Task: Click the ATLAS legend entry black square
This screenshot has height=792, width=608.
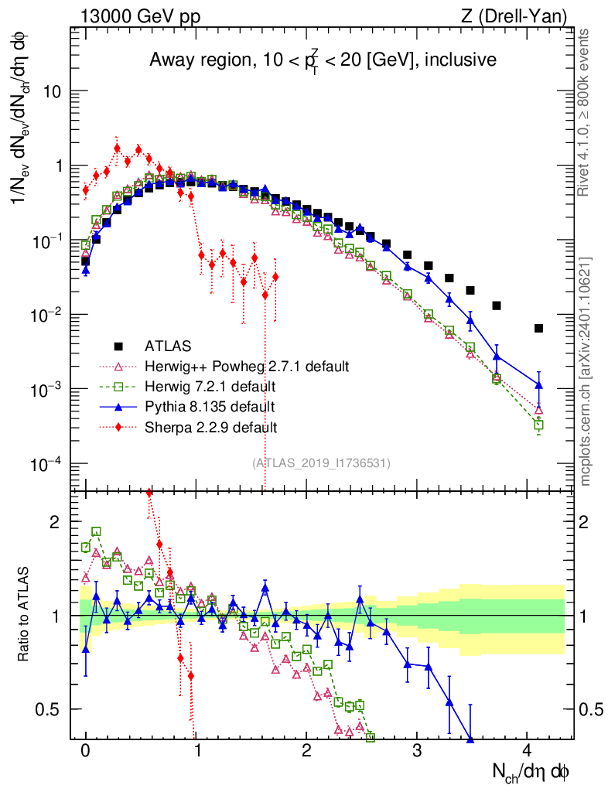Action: (x=118, y=346)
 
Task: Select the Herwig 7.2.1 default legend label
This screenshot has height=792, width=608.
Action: (x=210, y=387)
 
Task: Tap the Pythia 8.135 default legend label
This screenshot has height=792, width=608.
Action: (x=210, y=407)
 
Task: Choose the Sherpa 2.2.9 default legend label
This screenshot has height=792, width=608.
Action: (x=210, y=427)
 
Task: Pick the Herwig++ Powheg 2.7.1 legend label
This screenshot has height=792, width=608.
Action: (x=247, y=366)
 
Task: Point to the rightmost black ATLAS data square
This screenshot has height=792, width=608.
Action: (x=538, y=328)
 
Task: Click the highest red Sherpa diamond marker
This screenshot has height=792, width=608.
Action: (x=117, y=148)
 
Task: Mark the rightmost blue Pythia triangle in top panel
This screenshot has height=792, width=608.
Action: (x=538, y=385)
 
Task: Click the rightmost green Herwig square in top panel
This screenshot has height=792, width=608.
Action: (x=538, y=425)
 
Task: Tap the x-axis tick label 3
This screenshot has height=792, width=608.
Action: (x=416, y=750)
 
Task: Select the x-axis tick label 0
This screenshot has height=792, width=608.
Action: (x=85, y=750)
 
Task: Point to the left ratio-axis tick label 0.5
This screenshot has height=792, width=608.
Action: (x=47, y=710)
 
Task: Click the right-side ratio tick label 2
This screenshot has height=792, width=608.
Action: (x=583, y=522)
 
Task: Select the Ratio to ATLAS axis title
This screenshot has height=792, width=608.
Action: (x=23, y=614)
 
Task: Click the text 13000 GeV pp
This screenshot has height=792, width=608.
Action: (x=140, y=17)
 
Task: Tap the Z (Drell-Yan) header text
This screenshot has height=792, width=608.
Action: (x=514, y=17)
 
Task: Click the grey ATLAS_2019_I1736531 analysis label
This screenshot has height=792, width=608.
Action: (x=321, y=463)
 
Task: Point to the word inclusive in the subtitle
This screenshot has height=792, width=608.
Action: (x=460, y=60)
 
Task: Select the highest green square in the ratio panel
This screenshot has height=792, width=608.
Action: (x=96, y=531)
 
